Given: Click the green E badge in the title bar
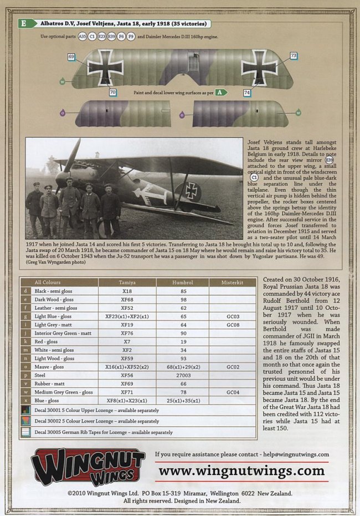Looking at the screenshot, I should [24, 24].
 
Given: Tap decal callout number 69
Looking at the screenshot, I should [71, 57].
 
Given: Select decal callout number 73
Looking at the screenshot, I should [293, 55].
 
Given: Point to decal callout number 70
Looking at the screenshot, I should [112, 92].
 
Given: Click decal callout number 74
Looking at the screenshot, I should [246, 93].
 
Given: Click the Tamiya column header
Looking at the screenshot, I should [127, 282].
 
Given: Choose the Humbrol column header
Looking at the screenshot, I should [182, 282].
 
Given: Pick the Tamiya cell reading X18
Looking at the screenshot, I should [127, 290].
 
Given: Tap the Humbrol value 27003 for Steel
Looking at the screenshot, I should [182, 375].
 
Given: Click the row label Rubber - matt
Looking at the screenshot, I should [49, 384].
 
